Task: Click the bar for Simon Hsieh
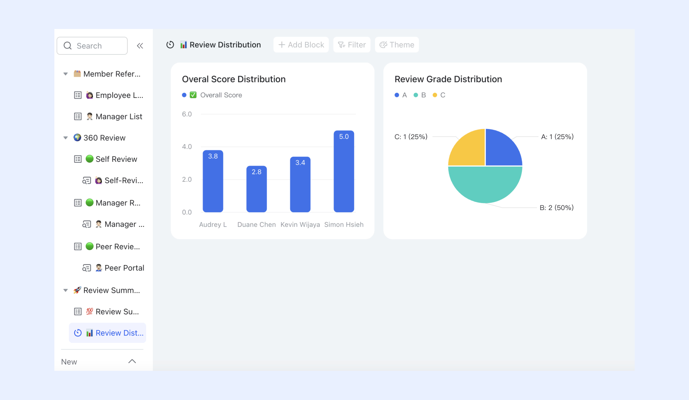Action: [x=344, y=171]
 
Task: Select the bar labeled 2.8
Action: [x=256, y=189]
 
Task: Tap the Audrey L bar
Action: [x=213, y=181]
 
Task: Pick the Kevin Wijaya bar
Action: [x=300, y=184]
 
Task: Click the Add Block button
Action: [x=301, y=45]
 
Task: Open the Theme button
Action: [x=397, y=45]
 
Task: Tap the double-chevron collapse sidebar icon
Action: [x=140, y=46]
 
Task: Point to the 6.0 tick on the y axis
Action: [x=187, y=114]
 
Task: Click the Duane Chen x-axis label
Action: [x=256, y=225]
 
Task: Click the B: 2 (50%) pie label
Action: [x=556, y=208]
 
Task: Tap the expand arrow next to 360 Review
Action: [x=66, y=138]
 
